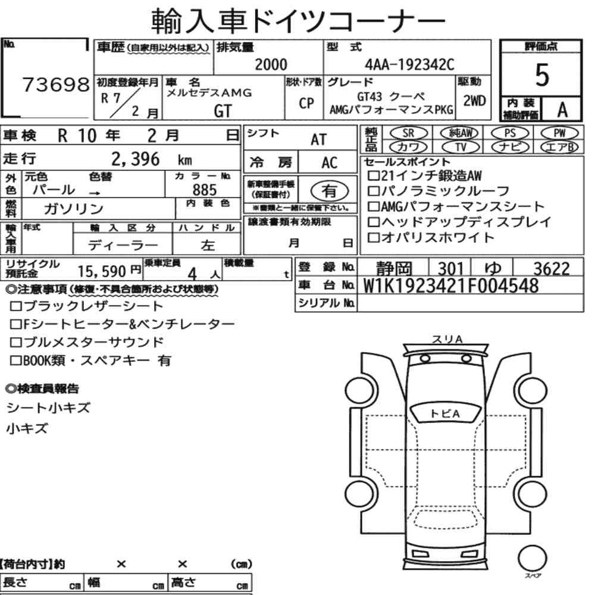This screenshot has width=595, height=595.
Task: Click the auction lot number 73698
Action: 56,84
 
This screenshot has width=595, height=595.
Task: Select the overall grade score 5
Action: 542,75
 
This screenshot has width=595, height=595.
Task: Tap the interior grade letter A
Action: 562,110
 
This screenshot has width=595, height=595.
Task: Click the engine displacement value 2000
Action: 271,64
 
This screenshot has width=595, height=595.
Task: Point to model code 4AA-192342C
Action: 409,64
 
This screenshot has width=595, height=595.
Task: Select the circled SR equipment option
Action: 408,133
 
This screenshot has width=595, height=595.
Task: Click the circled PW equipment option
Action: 559,133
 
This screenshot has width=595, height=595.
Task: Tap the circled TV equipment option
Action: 461,147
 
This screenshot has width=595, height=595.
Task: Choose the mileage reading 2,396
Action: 136,159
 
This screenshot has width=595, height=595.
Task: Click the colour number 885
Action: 205,190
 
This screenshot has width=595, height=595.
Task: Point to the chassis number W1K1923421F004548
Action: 451,286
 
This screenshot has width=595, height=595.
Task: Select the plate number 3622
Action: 552,269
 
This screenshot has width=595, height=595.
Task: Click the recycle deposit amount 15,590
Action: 102,271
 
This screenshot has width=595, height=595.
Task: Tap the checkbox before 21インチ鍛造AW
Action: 374,176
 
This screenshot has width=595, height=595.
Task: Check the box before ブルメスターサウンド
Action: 16,342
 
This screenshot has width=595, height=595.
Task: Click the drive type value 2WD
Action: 474,101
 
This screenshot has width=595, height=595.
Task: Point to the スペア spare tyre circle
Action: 532,559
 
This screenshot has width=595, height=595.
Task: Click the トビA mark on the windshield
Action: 446,414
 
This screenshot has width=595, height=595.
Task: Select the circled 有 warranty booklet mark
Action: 330,191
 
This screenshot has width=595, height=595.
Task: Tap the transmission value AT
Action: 318,140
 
